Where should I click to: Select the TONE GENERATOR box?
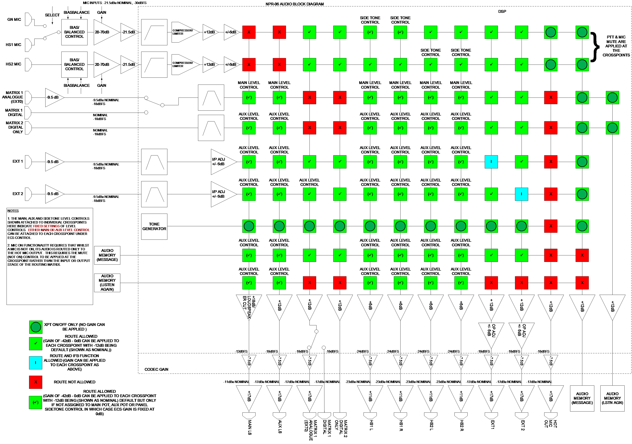154,227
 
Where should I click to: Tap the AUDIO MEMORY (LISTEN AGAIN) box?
107,283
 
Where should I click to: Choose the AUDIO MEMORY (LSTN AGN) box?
612,398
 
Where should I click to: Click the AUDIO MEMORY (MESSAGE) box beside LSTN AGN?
582,398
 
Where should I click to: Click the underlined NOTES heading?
13,211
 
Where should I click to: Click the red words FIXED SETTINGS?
46,226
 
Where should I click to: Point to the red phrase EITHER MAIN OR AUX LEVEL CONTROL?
59,230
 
